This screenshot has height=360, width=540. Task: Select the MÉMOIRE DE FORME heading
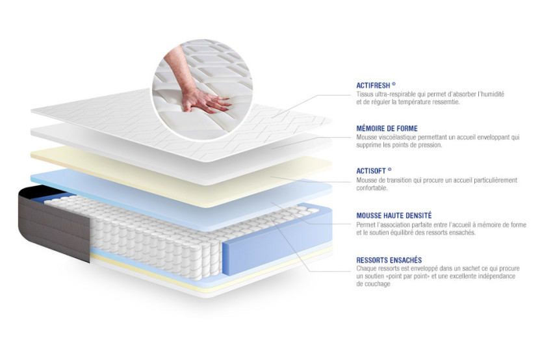tap(387, 129)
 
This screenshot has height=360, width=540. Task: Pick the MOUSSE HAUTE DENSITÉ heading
tap(394, 215)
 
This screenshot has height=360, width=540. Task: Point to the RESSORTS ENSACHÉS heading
tap(389, 260)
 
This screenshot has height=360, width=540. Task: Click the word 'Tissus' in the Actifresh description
tap(365, 94)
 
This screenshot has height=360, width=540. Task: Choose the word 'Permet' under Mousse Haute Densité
tap(366, 224)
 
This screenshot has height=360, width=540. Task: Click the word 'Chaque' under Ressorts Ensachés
tap(367, 268)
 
